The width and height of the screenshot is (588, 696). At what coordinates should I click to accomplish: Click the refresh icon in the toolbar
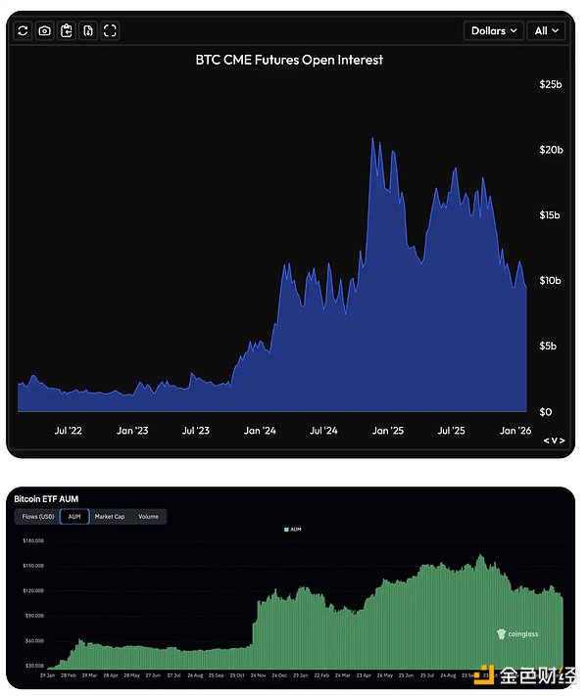(24, 31)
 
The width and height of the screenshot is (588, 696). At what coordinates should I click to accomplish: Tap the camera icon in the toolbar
(45, 31)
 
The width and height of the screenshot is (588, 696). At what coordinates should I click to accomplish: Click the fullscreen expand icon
(110, 31)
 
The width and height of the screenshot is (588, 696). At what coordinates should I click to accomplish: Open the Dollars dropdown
(493, 31)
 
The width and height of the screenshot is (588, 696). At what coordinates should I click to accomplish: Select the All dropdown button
(547, 31)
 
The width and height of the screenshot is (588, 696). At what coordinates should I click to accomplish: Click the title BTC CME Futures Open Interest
(289, 60)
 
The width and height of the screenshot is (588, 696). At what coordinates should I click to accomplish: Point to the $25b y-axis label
(551, 85)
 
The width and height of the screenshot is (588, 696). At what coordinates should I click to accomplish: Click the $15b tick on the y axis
(551, 215)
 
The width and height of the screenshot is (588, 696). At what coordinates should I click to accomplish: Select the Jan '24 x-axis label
(259, 431)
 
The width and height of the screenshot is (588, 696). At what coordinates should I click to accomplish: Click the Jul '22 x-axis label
(67, 431)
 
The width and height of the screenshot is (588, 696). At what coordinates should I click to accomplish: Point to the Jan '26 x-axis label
(515, 431)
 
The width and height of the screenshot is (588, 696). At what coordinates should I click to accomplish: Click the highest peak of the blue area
(372, 139)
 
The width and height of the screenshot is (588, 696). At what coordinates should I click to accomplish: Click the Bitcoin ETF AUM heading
(46, 498)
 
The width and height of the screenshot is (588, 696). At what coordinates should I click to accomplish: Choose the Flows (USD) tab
(36, 516)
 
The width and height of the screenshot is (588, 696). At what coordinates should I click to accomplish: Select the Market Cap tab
(109, 516)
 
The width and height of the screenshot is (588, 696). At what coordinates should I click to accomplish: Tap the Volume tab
(148, 516)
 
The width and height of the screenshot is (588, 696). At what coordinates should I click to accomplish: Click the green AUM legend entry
(294, 529)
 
